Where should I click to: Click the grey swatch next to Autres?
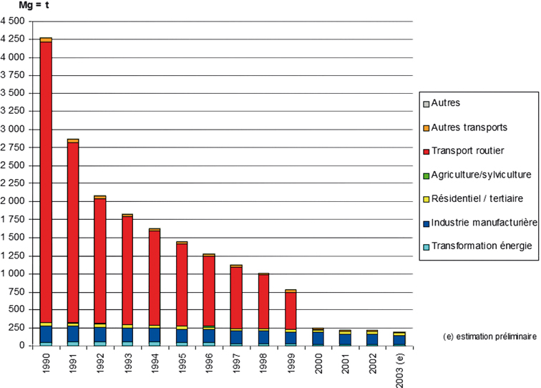tap(425, 103)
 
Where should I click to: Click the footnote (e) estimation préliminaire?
tap(491, 334)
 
